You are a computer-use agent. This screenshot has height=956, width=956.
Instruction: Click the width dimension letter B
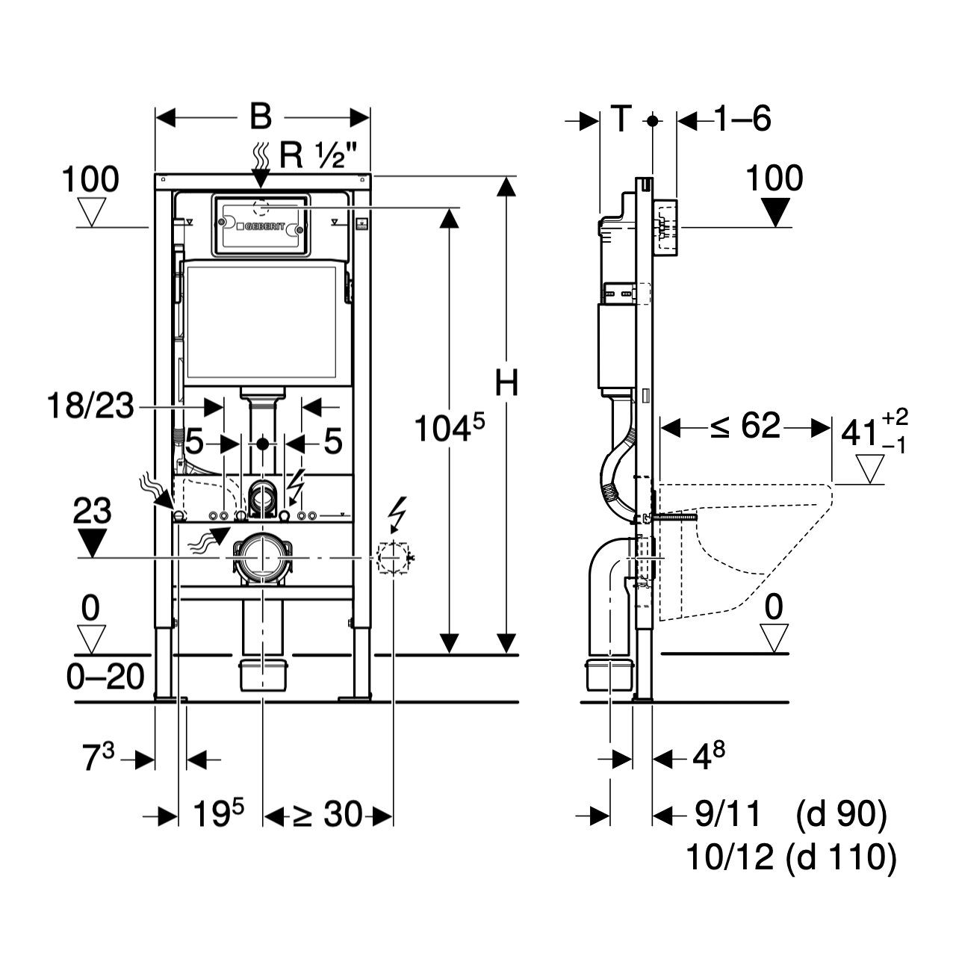pyautogui.click(x=260, y=117)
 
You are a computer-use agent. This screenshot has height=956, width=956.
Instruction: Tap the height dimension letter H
pyautogui.click(x=506, y=384)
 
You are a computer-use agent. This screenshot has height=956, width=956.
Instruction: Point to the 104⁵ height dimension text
pyautogui.click(x=449, y=430)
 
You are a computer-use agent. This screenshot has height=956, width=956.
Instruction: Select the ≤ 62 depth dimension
pyautogui.click(x=745, y=426)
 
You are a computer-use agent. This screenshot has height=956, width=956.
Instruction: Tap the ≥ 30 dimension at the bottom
pyautogui.click(x=326, y=815)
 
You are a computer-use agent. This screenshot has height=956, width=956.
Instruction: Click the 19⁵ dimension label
pyautogui.click(x=218, y=815)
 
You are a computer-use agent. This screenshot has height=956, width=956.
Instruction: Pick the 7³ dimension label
pyautogui.click(x=98, y=760)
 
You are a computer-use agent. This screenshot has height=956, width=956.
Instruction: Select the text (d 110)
pyautogui.click(x=841, y=857)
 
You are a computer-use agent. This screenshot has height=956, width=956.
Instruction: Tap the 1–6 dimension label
pyautogui.click(x=742, y=118)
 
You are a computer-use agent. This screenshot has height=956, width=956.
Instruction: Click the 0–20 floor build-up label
pyautogui.click(x=105, y=677)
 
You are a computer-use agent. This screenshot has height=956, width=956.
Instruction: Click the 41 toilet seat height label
pyautogui.click(x=859, y=432)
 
